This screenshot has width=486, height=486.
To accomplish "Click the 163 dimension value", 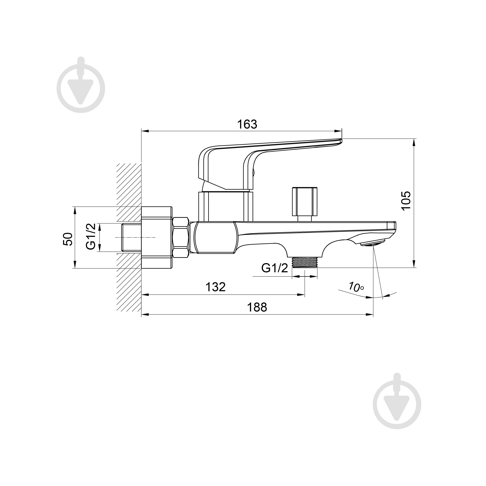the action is tap(247, 124).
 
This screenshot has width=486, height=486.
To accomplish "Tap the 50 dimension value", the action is tap(68, 239).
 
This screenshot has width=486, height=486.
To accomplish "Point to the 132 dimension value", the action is tap(216, 287).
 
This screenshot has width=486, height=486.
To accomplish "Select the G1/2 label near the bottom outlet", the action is tap(275, 268).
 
